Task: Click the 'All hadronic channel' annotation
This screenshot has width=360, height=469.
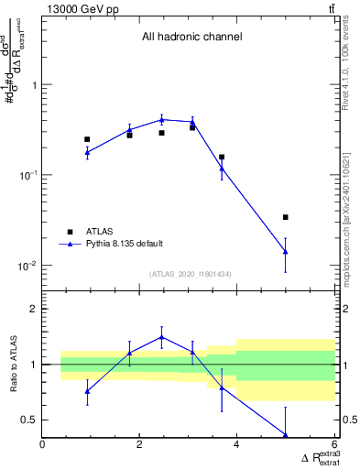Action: (191, 38)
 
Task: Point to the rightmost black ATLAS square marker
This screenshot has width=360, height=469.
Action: (286, 217)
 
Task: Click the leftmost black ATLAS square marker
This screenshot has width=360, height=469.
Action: (87, 139)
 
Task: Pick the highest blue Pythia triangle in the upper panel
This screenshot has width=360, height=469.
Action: (161, 119)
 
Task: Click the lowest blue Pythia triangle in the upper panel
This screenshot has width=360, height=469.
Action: (286, 251)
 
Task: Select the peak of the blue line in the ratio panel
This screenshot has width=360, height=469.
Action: (161, 337)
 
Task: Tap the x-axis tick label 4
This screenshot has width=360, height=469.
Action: (236, 446)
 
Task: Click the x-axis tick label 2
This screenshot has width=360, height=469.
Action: (139, 446)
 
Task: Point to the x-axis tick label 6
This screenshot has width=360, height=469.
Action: (334, 446)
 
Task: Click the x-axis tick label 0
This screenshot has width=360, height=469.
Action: (42, 446)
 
